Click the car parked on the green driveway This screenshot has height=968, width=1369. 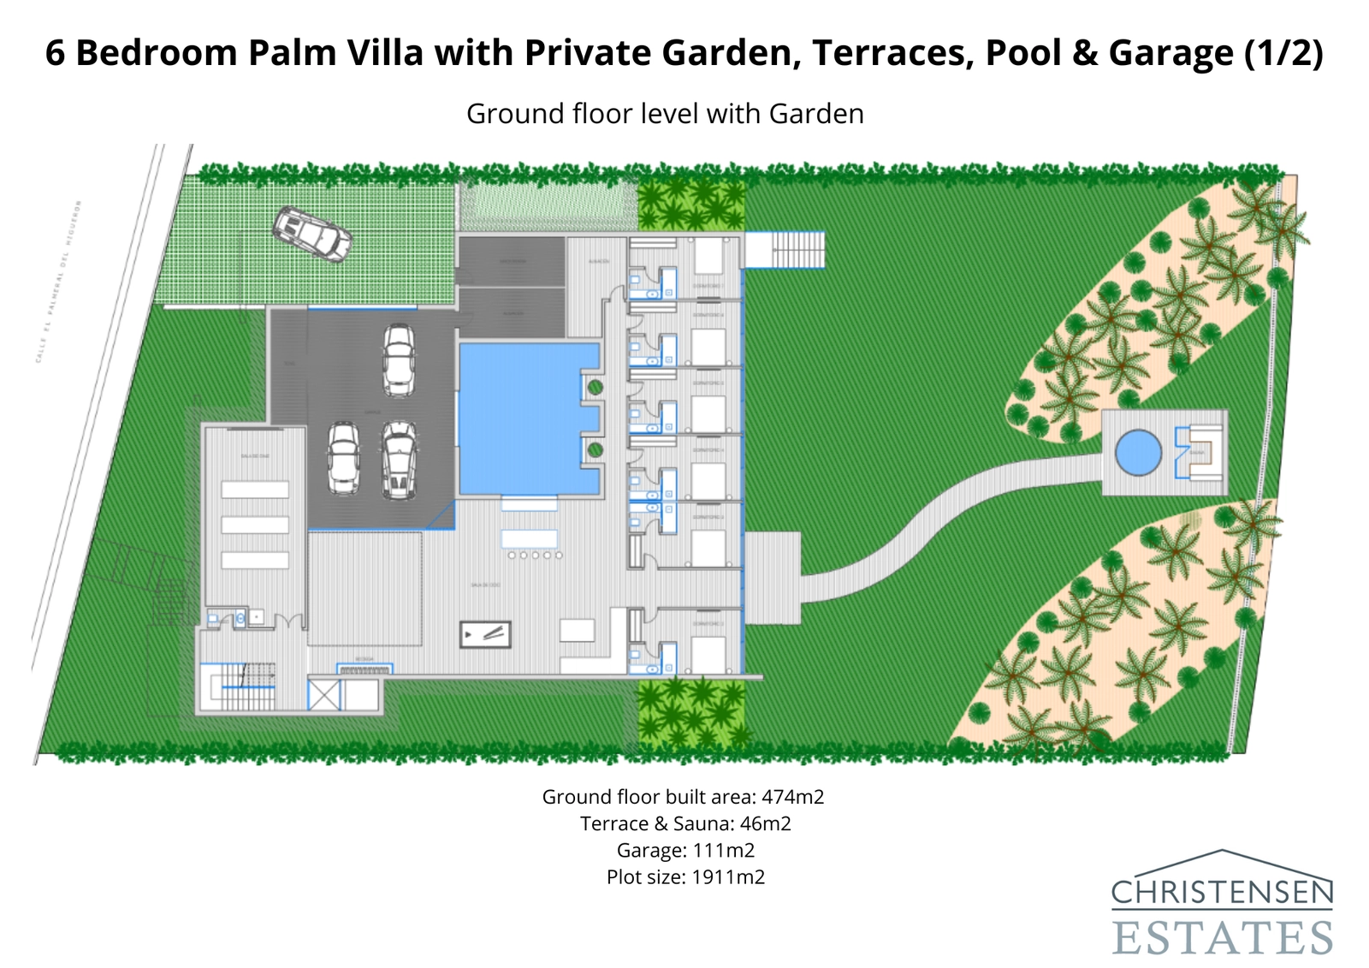click(312, 233)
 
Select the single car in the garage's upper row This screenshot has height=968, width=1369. click(399, 359)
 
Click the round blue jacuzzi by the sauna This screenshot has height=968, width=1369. click(1139, 452)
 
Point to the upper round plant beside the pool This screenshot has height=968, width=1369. click(596, 388)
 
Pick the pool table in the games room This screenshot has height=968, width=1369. click(485, 634)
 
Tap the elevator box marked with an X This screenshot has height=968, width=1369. click(323, 695)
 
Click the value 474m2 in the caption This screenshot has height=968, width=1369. click(792, 797)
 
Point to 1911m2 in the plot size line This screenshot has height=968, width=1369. click(727, 876)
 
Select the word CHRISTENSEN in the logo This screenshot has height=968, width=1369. click(1222, 894)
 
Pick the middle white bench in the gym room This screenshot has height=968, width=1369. click(255, 525)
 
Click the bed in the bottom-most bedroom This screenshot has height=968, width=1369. click(708, 655)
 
